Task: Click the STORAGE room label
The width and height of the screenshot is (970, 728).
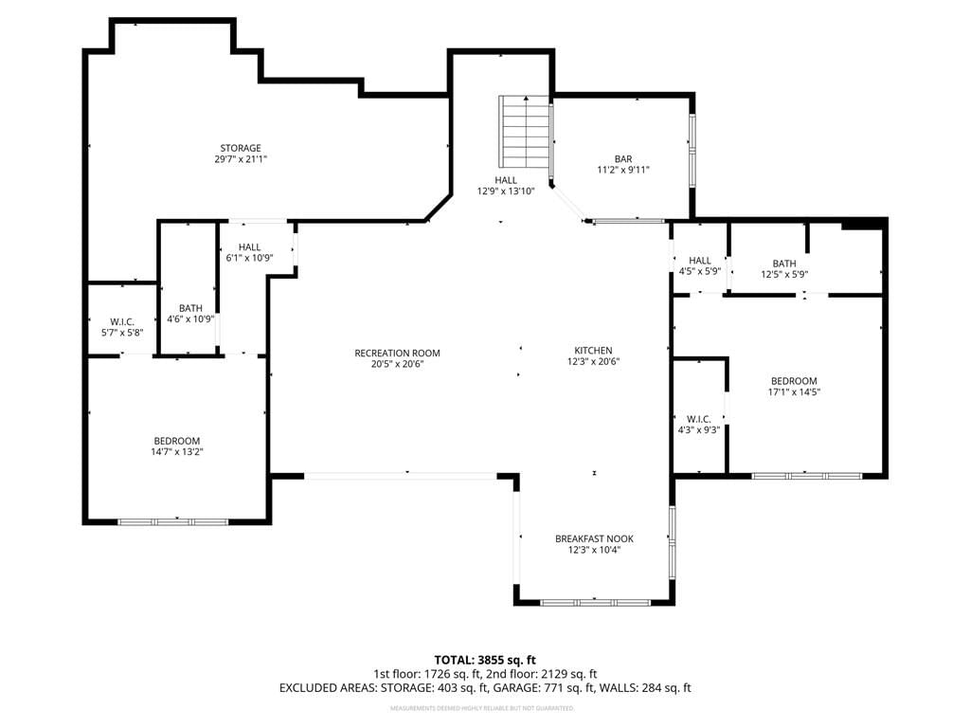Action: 241,148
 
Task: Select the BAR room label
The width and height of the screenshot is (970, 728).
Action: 623,159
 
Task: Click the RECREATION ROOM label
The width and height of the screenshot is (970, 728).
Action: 397,353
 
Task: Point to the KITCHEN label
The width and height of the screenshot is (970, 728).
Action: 593,351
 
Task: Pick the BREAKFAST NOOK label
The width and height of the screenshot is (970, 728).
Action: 594,538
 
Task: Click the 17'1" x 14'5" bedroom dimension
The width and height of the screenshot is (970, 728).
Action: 794,391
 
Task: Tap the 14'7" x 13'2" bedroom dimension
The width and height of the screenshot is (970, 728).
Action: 177,452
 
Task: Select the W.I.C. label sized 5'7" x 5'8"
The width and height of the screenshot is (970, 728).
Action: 122,322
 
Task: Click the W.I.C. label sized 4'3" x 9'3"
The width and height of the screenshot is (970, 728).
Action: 698,419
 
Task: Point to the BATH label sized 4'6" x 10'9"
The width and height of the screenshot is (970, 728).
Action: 190,308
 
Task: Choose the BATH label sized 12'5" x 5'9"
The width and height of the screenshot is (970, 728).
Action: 784,264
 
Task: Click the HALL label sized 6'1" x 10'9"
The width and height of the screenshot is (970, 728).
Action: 249,247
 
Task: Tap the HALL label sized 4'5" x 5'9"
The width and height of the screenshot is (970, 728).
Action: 700,261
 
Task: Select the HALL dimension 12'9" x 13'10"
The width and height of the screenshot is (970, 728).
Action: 506,191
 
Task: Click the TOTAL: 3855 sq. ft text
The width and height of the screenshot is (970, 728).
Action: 485,660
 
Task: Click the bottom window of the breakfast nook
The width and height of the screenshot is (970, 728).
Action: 595,602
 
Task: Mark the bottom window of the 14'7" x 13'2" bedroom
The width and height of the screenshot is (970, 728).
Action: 173,522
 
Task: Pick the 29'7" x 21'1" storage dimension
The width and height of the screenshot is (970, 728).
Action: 241,159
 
